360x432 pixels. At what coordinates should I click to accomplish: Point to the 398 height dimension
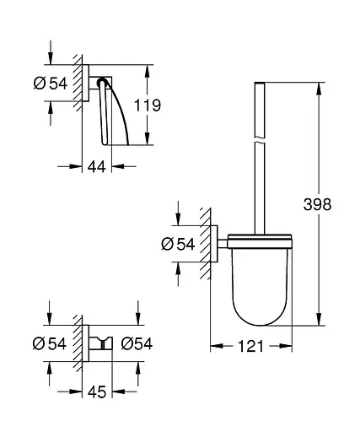pos(335,205)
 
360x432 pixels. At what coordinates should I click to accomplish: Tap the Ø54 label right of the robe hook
pos(136,343)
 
